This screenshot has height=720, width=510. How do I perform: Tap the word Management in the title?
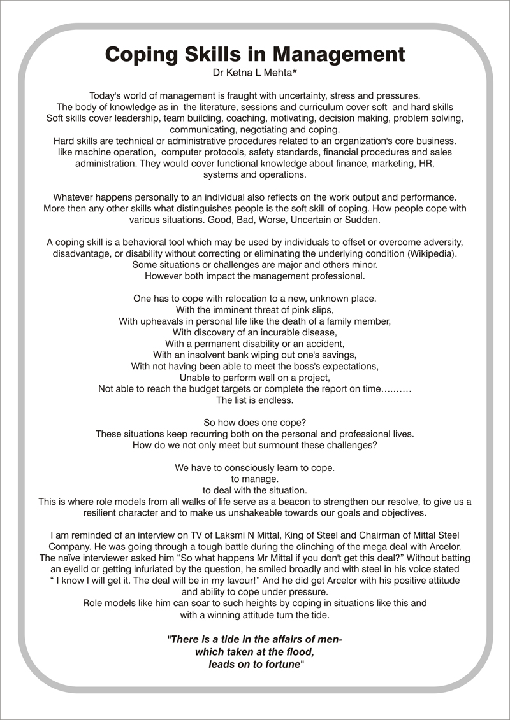tap(338, 54)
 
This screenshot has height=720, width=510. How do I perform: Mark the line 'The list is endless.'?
tap(255, 400)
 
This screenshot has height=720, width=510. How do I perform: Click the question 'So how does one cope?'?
tap(255, 423)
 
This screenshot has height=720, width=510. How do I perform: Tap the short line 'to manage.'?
tap(255, 479)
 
